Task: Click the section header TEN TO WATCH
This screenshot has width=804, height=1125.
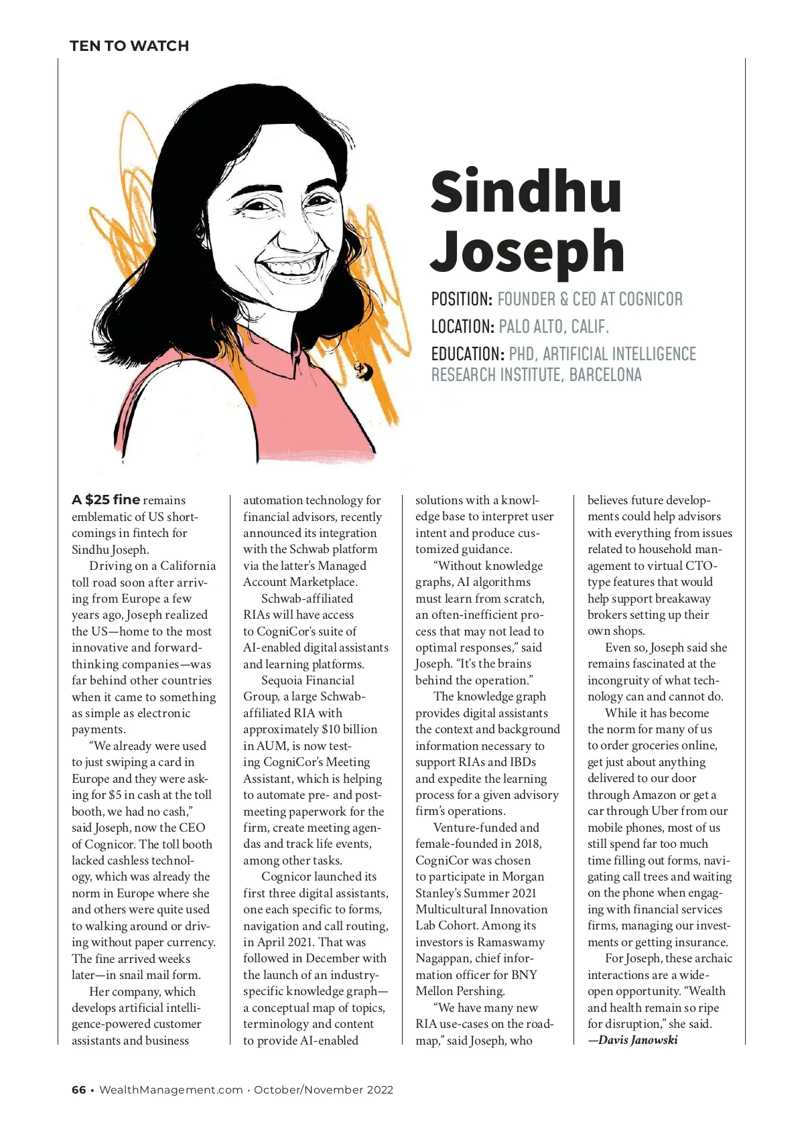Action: point(129,46)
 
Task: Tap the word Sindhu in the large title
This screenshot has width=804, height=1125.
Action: point(526,192)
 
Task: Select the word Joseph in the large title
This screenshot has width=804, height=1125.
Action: point(527,251)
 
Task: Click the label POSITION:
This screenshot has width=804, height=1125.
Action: point(462,299)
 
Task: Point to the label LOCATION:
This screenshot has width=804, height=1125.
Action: point(462,327)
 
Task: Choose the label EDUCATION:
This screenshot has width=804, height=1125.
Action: point(468,354)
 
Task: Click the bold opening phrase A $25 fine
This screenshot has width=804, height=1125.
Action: point(106,500)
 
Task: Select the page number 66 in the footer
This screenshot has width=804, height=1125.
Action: point(78,1090)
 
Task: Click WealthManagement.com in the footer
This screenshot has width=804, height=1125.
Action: point(171,1090)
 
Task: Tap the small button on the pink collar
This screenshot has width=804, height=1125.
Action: point(362,369)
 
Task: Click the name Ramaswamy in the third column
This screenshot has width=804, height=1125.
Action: point(511,942)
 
